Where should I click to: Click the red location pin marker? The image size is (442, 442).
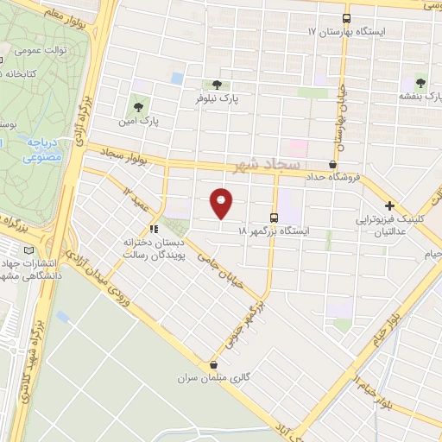click(x=222, y=203)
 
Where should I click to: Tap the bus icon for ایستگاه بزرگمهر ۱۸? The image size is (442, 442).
click(x=274, y=218)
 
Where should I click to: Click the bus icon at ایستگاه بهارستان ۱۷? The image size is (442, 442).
click(x=346, y=17)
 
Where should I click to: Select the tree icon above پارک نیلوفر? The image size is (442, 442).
click(x=217, y=85)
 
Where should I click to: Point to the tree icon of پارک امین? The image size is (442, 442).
click(x=137, y=107)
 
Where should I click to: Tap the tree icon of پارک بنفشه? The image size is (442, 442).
click(x=420, y=83)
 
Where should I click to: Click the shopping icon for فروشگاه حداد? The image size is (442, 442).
click(x=333, y=163)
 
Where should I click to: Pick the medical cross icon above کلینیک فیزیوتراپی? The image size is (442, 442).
click(x=390, y=206)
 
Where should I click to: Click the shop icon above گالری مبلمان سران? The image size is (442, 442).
click(x=213, y=364)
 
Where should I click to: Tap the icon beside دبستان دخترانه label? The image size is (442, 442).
click(x=154, y=229)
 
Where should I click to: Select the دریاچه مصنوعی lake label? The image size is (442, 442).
click(x=40, y=150)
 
